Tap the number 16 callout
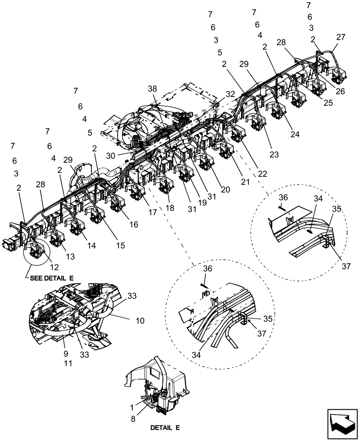pos(134,224)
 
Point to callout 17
pos(153,213)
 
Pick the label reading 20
pos(225,189)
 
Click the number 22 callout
pos(262,174)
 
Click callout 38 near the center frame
pos(152,88)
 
